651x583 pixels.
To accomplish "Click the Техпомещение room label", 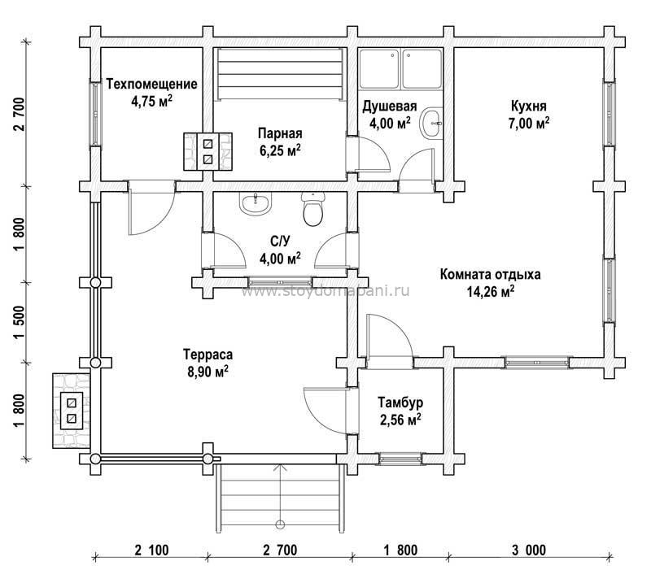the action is (151, 85).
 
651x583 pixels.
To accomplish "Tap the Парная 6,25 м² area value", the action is (280, 150).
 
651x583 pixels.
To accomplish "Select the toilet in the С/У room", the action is (312, 209).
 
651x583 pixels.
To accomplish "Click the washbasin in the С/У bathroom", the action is (255, 204).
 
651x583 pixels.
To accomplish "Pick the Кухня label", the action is (528, 106).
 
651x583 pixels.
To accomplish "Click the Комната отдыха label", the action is (490, 275).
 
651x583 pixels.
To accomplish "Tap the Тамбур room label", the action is (400, 402).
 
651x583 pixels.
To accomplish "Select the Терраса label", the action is (208, 355).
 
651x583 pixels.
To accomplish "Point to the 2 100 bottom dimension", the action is (151, 550).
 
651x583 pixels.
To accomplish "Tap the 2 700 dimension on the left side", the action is (20, 114).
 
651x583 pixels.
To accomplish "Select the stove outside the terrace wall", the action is (72, 411).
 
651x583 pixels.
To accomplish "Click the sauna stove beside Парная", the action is (208, 151).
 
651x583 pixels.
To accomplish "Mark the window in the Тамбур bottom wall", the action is (400, 459).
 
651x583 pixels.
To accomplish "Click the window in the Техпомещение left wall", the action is (95, 112).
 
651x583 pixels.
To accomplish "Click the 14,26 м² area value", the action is (491, 292).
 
